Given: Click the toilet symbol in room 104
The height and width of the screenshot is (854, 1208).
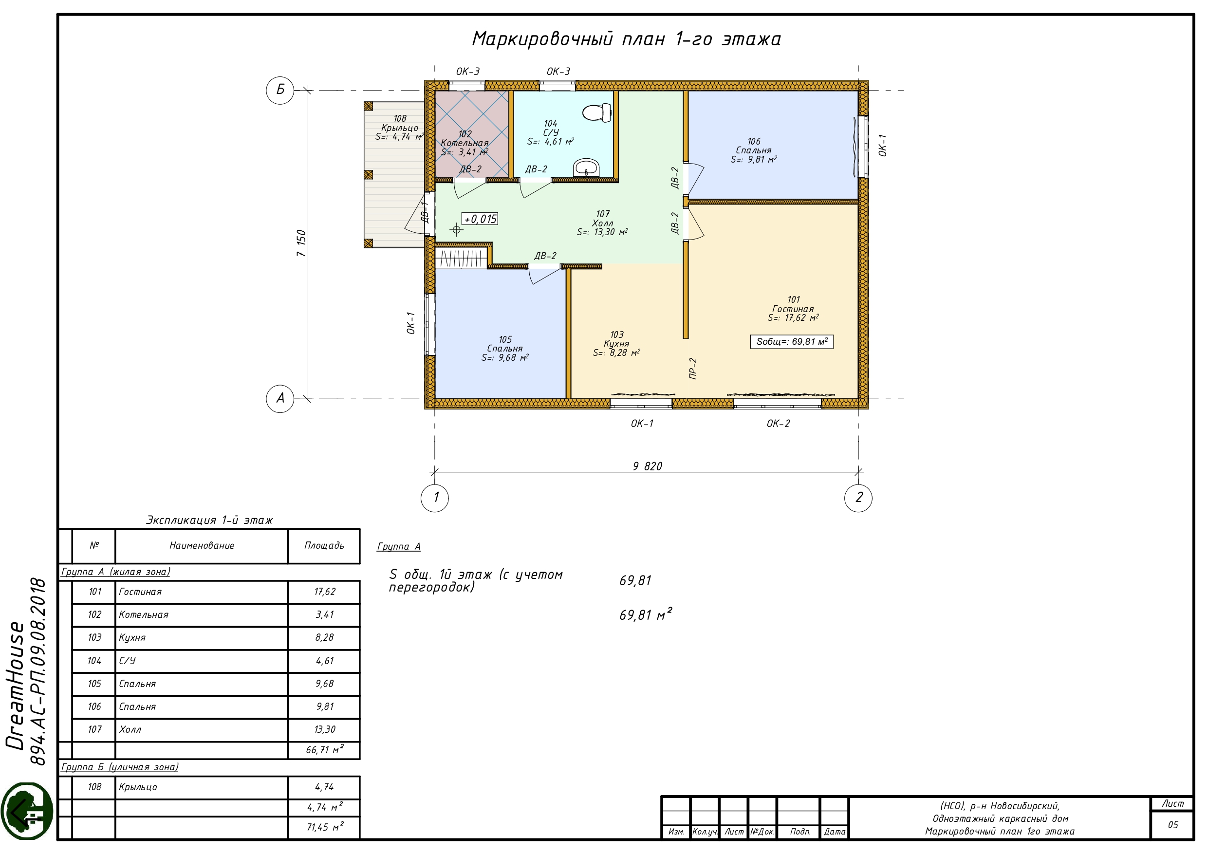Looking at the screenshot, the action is pos(596,112).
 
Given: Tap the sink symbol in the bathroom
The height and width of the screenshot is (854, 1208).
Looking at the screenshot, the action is pos(586,168).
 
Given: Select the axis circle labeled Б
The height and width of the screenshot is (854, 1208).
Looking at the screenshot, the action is pos(280,90).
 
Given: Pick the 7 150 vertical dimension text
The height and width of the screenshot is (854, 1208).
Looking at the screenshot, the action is pos(301,243).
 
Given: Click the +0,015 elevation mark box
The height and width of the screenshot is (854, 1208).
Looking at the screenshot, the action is pos(479,219).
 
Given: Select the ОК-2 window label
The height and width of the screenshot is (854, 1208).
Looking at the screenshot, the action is pos(778,424).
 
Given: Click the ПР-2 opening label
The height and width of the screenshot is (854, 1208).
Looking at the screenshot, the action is pos(693,369).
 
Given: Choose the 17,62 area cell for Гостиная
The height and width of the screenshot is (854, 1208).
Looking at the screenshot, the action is pos(324,592).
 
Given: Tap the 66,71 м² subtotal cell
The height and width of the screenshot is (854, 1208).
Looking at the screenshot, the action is pos(324,750).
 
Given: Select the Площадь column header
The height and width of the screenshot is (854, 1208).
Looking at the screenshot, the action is pos(324,546).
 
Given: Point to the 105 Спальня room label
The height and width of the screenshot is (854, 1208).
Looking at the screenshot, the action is pos(505,348).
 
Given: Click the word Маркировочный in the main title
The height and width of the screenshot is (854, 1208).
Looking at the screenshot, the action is pos(542,39).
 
